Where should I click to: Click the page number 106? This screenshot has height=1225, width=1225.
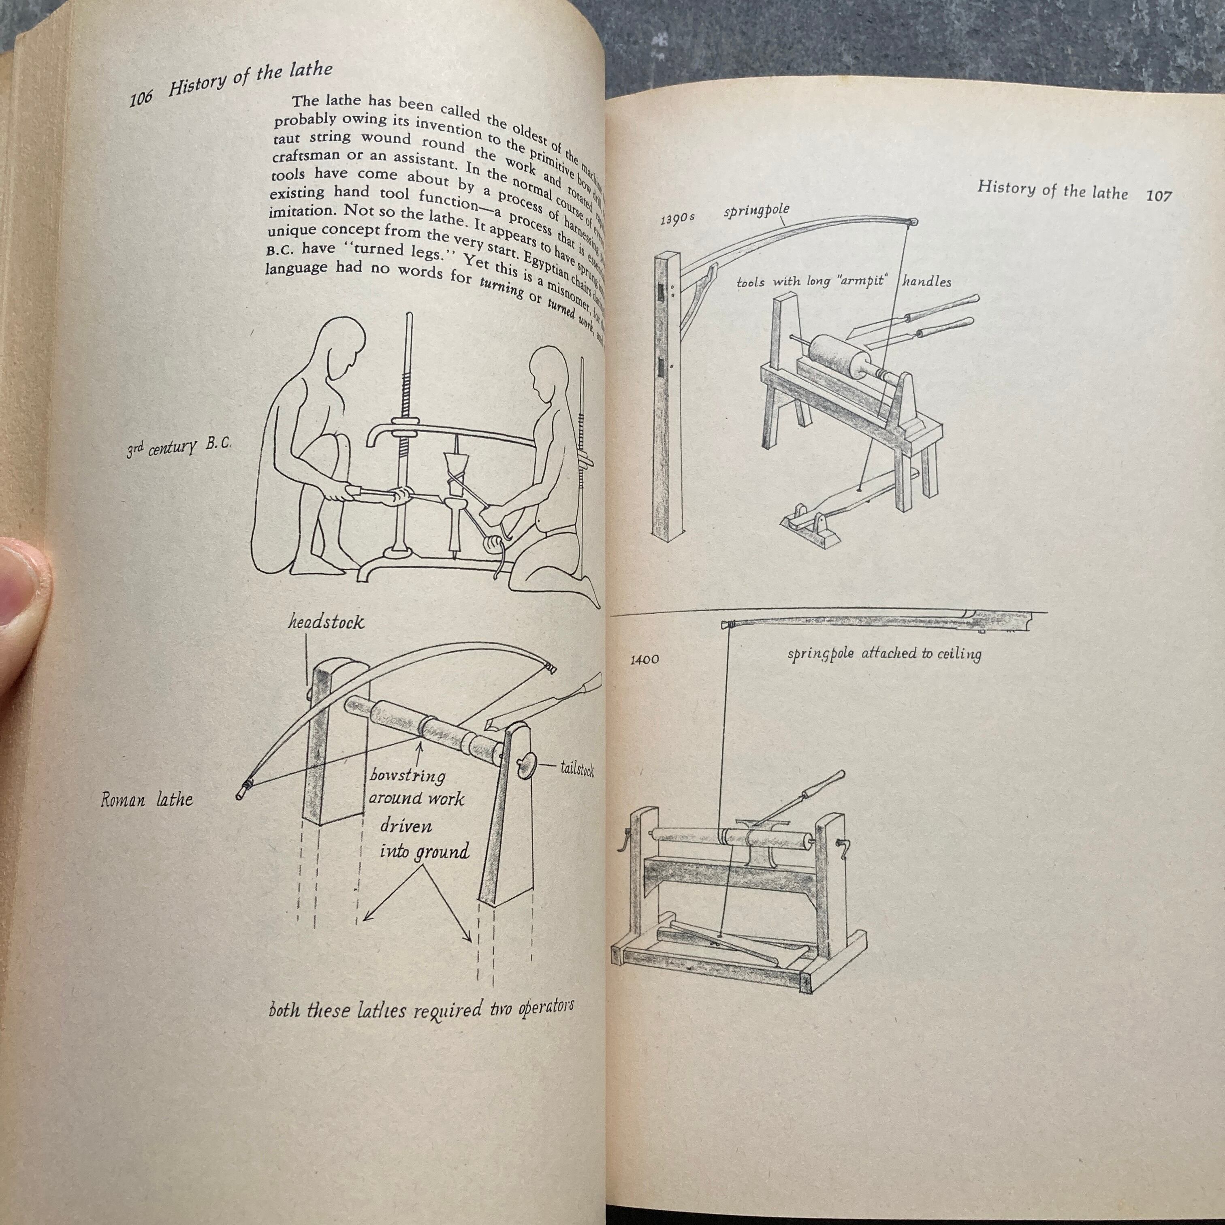(141, 99)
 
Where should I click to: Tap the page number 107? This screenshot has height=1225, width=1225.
(1159, 195)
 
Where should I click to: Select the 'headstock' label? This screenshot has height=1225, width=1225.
(326, 622)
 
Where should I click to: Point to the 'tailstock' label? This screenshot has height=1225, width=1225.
(577, 769)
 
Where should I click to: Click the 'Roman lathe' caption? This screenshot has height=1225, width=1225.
(147, 800)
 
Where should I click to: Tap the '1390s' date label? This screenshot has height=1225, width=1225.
(677, 218)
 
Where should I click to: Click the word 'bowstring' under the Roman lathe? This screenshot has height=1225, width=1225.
(407, 775)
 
